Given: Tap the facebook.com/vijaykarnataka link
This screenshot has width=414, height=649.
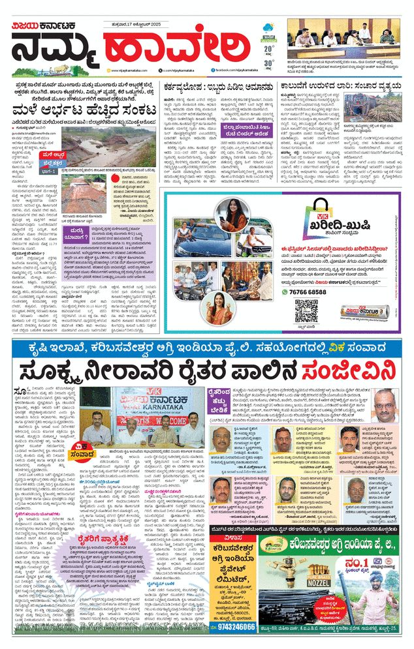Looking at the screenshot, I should [x=238, y=70].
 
